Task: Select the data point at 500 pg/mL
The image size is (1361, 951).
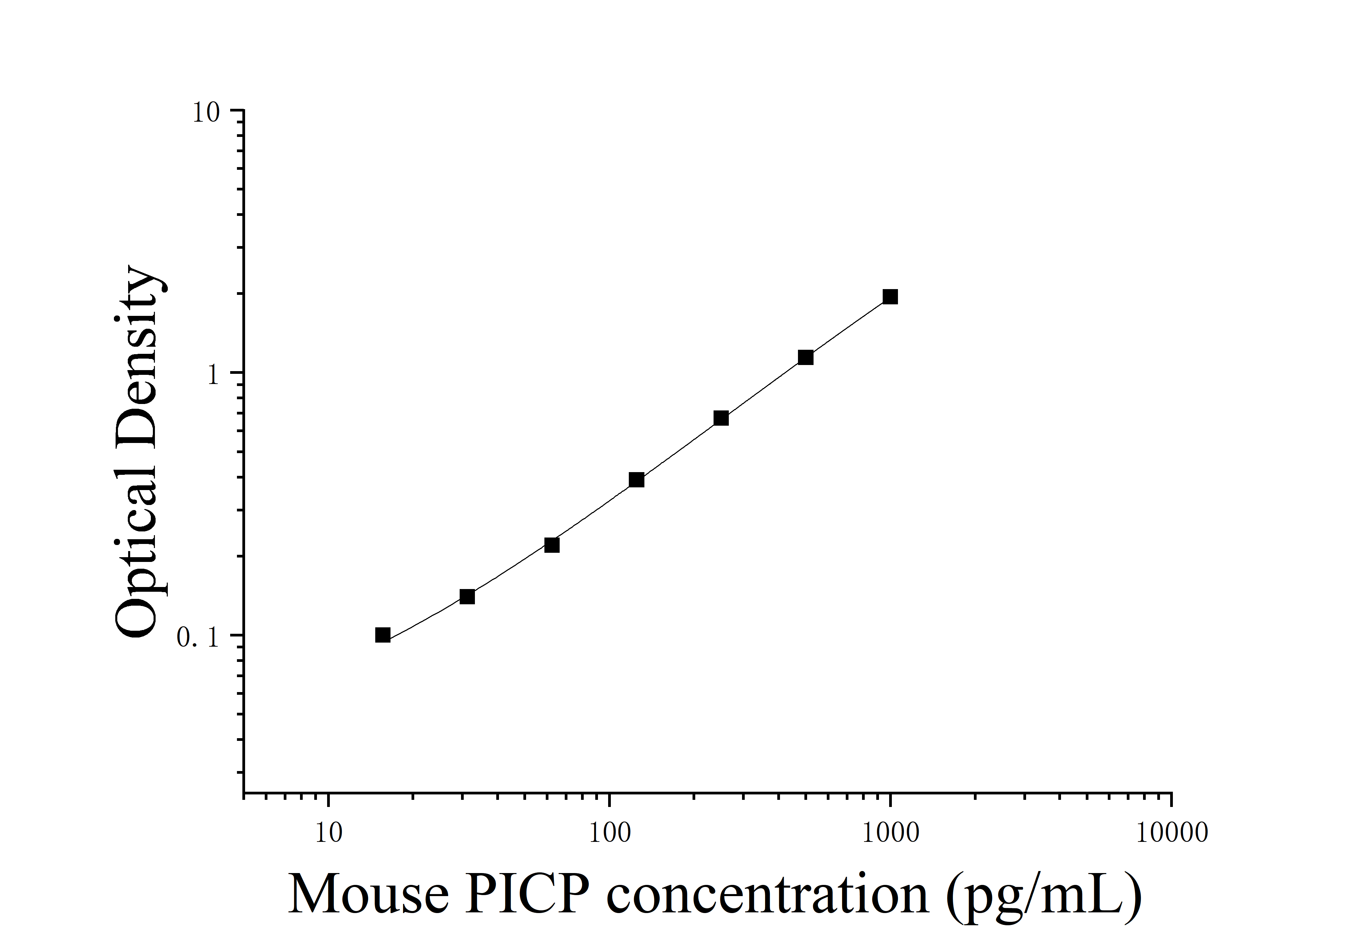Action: [x=805, y=357]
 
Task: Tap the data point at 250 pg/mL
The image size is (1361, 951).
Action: [x=721, y=418]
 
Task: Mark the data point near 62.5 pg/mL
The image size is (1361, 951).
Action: [x=551, y=545]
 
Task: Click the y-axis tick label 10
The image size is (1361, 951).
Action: [x=206, y=113]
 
